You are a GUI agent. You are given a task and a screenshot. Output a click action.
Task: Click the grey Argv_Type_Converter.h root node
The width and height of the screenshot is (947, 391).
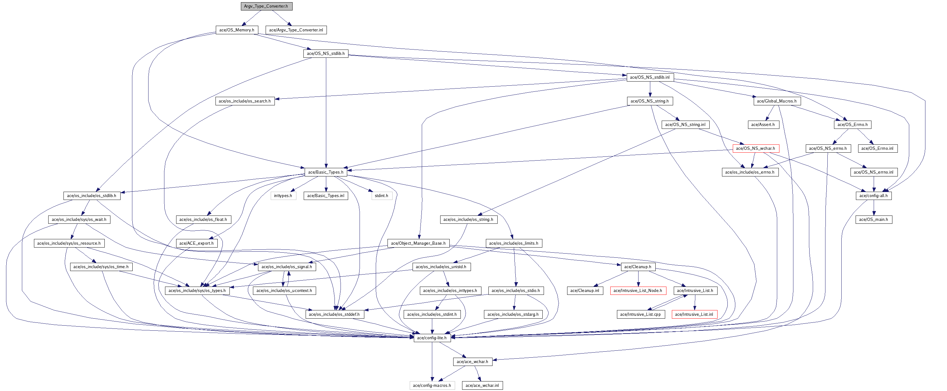[x=267, y=6]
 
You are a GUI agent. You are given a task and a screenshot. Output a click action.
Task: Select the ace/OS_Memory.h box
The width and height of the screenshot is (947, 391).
[x=237, y=30]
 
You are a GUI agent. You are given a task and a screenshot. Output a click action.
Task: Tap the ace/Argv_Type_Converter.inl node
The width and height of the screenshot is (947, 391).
[x=296, y=30]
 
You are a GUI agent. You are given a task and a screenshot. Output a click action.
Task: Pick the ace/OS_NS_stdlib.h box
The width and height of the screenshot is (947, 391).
[x=326, y=54]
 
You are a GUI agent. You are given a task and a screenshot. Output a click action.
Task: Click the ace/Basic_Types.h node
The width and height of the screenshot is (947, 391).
[x=326, y=172]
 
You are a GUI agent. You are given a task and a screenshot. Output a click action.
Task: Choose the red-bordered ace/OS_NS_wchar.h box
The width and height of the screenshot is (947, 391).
[x=755, y=149]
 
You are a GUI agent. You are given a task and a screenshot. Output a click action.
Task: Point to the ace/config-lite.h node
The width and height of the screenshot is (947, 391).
[x=432, y=338]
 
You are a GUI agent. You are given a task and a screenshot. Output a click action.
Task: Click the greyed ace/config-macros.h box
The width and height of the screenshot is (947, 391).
[x=432, y=385]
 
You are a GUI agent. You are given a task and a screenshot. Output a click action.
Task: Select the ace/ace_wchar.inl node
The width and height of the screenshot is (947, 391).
[x=482, y=385]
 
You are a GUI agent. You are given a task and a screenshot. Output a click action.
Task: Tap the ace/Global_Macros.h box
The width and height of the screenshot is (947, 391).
[x=777, y=101]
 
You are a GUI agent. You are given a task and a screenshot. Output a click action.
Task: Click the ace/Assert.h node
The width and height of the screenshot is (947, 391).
[x=763, y=125]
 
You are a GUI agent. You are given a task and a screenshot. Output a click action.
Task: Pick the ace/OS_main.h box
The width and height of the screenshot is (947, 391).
[x=873, y=219]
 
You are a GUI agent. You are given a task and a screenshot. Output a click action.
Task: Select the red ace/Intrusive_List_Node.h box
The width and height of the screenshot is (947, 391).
[x=638, y=290]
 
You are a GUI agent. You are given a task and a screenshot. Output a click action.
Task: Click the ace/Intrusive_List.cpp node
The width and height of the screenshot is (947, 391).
[x=640, y=314]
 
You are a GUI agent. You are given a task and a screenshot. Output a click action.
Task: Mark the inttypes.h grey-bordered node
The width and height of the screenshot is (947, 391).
[x=283, y=195]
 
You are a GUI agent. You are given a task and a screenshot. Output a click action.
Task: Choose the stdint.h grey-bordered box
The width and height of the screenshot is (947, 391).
[x=381, y=195]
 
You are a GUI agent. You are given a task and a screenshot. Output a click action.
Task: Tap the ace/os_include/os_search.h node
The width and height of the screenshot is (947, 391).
[x=244, y=101]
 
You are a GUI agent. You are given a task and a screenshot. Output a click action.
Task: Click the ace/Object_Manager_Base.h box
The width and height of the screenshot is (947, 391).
[x=418, y=243]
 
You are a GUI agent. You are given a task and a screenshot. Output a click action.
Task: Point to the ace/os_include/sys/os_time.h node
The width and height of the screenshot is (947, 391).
[x=101, y=267]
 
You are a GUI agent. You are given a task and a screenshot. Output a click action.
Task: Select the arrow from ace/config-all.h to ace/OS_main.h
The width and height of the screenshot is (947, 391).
[x=874, y=208]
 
